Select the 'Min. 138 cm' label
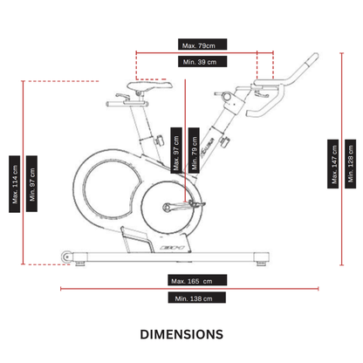click(195, 298)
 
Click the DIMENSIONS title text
click(181, 334)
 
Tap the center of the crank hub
click(169, 207)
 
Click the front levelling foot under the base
click(259, 260)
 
